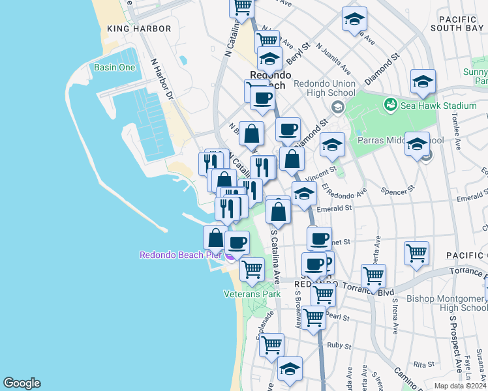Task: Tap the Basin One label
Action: point(114,68)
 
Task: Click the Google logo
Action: point(22,383)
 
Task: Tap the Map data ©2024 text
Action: point(460,386)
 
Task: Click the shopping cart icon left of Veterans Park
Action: point(252,267)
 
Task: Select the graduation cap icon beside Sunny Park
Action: point(423,81)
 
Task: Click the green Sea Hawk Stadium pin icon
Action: point(391,104)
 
